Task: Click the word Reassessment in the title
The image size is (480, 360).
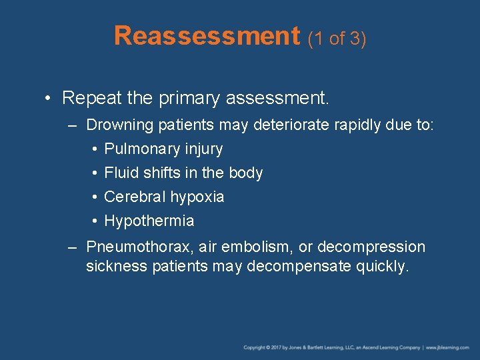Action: pos(207,36)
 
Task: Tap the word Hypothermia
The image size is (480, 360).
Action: pos(149,221)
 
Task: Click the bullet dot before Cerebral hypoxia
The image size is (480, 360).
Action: pos(96,197)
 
